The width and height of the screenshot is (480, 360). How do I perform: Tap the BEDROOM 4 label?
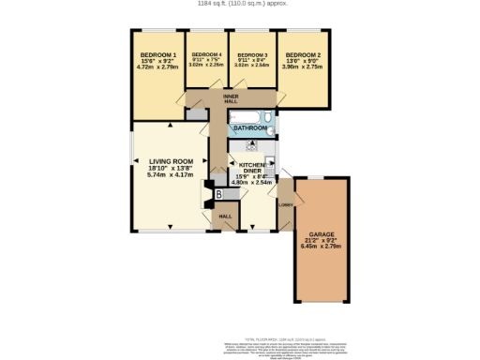pos(207,55)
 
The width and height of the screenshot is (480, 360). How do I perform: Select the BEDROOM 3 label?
pos(251,55)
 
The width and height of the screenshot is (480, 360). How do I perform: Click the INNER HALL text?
pos(230,100)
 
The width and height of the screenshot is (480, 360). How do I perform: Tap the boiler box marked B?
pos(218,194)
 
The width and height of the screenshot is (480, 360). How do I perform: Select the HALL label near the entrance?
pos(225,217)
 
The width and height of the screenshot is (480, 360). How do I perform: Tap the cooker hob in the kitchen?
pos(251,147)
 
